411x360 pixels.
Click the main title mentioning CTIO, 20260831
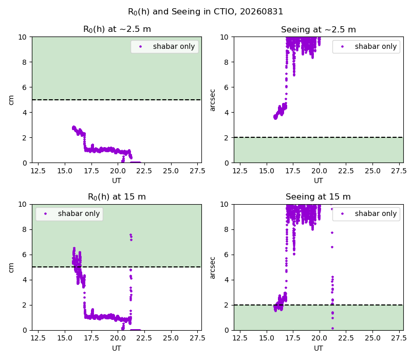(x=206, y=12)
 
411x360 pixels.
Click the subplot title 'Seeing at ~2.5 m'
(x=319, y=29)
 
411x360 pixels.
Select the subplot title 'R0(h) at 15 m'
(x=117, y=197)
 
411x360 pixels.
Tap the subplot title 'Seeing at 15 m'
(x=318, y=196)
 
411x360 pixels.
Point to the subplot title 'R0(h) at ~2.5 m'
(x=117, y=29)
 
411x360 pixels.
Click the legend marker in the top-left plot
(x=140, y=47)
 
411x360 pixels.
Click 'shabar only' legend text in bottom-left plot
(x=79, y=213)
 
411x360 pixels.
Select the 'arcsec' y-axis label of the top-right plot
(x=212, y=100)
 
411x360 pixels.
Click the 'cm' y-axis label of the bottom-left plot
(x=11, y=267)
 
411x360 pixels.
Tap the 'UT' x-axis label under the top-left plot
(x=117, y=181)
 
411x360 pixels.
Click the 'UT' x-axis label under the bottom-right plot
(x=319, y=348)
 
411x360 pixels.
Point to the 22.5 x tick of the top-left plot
(x=144, y=171)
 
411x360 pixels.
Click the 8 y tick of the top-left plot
(x=25, y=62)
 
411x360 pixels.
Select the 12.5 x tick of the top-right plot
(x=240, y=171)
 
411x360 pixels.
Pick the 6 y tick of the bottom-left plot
(x=25, y=255)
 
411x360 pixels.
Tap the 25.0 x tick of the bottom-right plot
(x=373, y=338)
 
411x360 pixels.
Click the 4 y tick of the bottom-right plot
(x=227, y=280)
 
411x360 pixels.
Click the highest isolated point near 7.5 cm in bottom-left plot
(x=130, y=235)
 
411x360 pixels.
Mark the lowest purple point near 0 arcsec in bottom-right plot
(x=332, y=328)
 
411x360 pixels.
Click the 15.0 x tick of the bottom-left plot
(x=65, y=338)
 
